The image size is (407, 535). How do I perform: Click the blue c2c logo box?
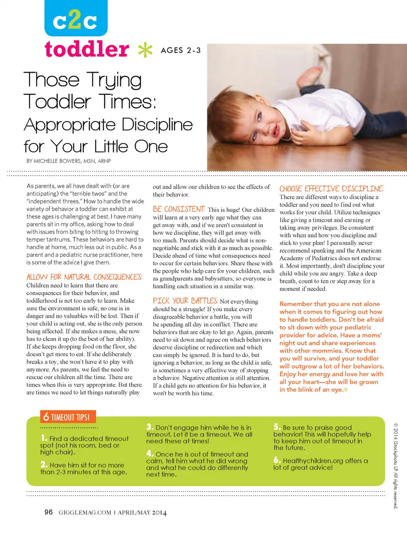(76, 18)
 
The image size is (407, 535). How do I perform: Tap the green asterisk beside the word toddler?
(145, 50)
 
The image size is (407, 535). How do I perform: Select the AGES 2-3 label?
(181, 51)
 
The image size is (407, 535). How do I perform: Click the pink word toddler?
(87, 49)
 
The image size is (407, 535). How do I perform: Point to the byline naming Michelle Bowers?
(69, 161)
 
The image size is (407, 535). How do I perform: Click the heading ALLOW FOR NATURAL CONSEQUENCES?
(84, 277)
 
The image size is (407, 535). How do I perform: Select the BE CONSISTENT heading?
(179, 209)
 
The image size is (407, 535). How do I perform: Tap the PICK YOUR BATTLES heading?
(185, 301)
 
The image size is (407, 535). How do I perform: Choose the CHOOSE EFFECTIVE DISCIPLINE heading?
(331, 189)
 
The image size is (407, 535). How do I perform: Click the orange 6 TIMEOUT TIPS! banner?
(68, 417)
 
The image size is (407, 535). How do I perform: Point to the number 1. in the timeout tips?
(44, 438)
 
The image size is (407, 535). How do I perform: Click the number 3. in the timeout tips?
(150, 427)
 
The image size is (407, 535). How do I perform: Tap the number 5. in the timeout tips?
(277, 427)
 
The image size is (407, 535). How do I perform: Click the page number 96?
(49, 512)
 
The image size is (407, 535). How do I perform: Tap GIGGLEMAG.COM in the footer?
(85, 512)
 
